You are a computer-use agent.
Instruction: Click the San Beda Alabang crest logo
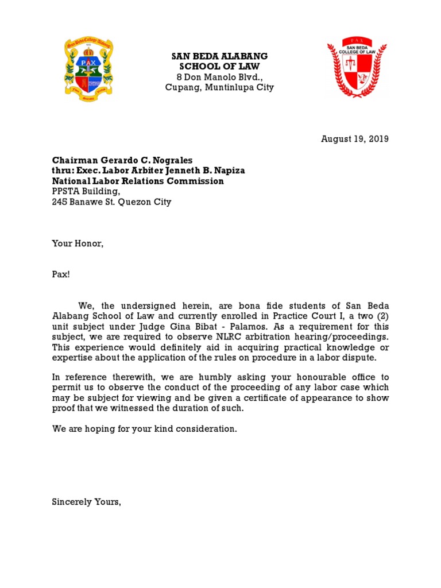click(x=88, y=67)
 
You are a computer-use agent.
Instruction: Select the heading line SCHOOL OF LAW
click(x=219, y=67)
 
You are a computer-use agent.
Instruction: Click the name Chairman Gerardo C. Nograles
click(x=123, y=160)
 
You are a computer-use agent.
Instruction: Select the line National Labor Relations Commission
click(x=138, y=181)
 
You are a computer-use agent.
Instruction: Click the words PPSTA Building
click(x=86, y=192)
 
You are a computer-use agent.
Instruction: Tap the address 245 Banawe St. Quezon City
click(x=111, y=202)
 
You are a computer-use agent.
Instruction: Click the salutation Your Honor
click(x=78, y=243)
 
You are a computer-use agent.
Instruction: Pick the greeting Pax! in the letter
click(x=61, y=274)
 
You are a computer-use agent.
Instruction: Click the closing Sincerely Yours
click(x=86, y=502)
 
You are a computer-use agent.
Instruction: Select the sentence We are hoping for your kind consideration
click(x=144, y=429)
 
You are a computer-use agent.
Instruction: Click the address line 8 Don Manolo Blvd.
click(x=220, y=78)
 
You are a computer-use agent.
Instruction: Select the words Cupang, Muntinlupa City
click(x=219, y=88)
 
